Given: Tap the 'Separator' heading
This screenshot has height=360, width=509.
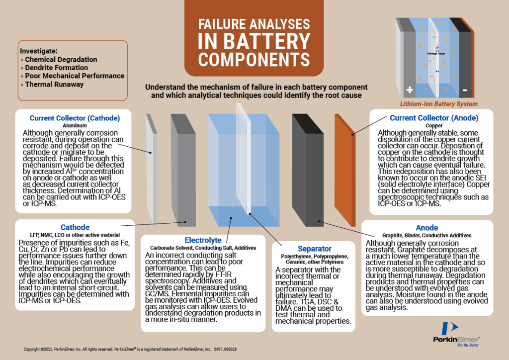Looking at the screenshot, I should point(315,248).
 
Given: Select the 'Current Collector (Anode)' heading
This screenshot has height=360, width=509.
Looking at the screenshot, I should point(433,118).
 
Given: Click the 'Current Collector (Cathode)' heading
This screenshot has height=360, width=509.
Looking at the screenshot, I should point(75,118).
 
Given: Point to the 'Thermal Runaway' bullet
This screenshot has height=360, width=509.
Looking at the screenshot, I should point(54,85).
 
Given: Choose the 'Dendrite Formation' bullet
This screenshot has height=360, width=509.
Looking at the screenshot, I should point(56,68).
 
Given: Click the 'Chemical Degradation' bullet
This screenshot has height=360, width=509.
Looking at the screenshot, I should point(61,59).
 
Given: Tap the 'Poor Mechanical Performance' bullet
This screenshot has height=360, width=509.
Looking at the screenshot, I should point(75,76).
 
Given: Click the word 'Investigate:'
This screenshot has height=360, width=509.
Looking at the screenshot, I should point(39,51).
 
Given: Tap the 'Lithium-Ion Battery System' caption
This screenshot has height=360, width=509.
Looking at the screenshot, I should point(438,104).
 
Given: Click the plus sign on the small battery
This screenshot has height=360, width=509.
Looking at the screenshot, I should point(410,90).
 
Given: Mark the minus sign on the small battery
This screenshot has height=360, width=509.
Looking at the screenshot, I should point(465,90).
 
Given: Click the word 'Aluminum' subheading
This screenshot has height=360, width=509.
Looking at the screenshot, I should point(75,126).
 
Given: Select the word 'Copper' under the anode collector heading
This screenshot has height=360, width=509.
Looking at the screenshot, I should point(433,126).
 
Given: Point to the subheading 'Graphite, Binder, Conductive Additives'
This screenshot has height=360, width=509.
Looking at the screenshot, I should point(426,235).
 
